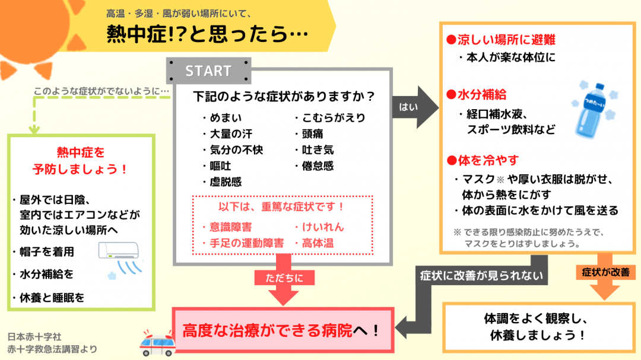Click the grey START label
pyautogui.click(x=208, y=71)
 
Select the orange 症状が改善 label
pyautogui.click(x=602, y=272)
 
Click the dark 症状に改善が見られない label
pyautogui.click(x=481, y=276)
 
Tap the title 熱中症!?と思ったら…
pyautogui.click(x=208, y=34)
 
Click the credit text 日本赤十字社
pyautogui.click(x=35, y=336)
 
